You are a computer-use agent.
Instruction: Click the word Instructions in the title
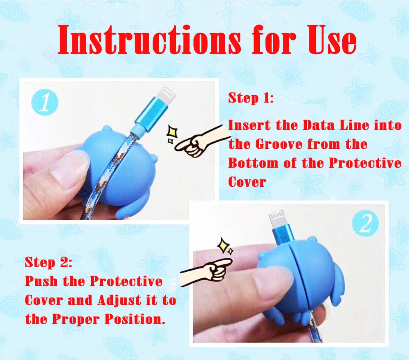tap(149, 40)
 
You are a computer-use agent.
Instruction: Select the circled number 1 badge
tap(45, 102)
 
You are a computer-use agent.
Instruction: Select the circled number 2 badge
tap(365, 223)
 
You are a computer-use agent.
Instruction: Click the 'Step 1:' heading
tap(251, 98)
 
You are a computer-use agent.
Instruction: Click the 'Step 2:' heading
tap(49, 262)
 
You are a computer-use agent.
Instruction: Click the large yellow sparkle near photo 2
tap(223, 245)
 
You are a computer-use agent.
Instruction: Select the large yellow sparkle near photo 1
tap(172, 132)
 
